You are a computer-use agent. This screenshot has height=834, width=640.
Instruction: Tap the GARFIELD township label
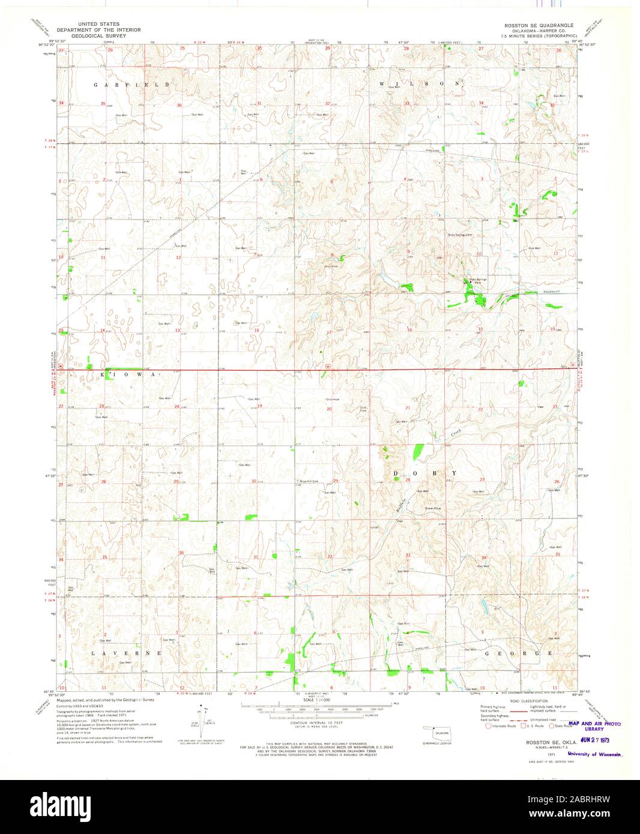click(x=131, y=85)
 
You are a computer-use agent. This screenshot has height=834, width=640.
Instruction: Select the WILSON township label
click(x=422, y=83)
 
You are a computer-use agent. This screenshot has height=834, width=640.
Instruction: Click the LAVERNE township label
click(x=127, y=652)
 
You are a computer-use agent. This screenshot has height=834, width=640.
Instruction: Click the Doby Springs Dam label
click(x=461, y=235)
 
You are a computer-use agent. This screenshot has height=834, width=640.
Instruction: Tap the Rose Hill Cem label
click(x=309, y=480)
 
